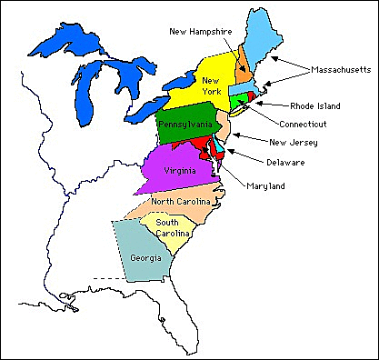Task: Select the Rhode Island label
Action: tap(315, 105)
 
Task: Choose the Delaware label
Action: tap(286, 162)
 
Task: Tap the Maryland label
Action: tap(265, 186)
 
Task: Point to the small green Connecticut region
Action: tap(238, 99)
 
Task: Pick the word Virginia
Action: tap(178, 171)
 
